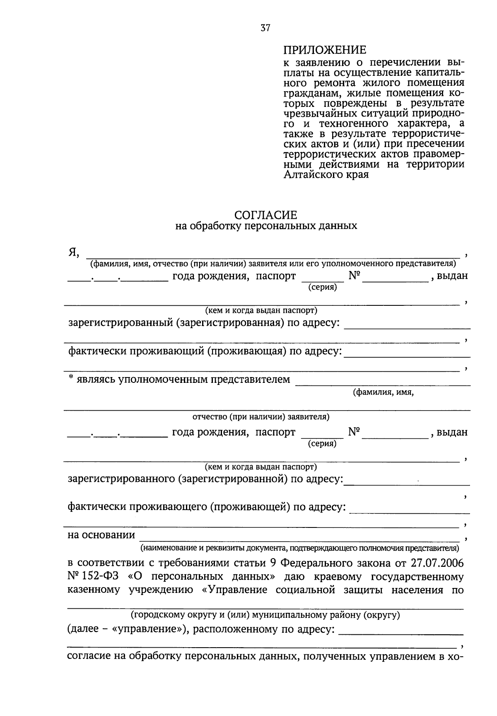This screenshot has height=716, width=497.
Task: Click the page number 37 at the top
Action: [x=265, y=28]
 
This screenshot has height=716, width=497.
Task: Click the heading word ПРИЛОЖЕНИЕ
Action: [x=325, y=50]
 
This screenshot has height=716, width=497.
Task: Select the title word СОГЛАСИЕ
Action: [x=265, y=215]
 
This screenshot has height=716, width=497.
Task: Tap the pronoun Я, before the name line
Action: [x=73, y=252]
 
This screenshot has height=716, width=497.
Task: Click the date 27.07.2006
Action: [x=437, y=563]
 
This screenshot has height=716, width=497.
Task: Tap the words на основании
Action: [x=101, y=535]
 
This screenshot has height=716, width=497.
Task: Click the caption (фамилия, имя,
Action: [x=383, y=393]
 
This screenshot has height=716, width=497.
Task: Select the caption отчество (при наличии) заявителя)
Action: [x=261, y=416]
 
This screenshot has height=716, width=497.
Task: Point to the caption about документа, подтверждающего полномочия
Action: [x=300, y=548]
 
